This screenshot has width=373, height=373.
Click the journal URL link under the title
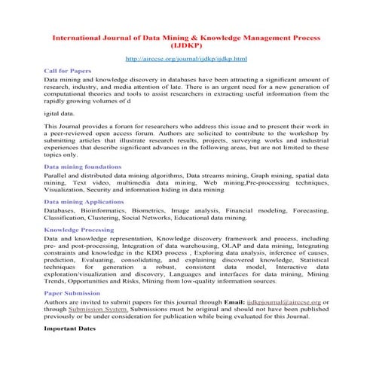click(x=186, y=58)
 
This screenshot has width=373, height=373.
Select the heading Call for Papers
click(x=68, y=70)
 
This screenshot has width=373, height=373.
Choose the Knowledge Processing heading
click(x=79, y=229)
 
